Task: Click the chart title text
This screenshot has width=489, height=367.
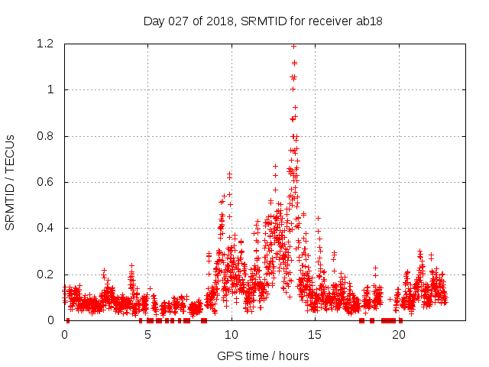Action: coord(262,21)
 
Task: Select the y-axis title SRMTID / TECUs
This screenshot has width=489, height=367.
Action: coord(10,182)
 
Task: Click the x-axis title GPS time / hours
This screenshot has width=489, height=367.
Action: coord(263,356)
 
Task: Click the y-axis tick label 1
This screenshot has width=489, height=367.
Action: coord(50,90)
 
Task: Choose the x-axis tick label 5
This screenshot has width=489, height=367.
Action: coord(148,335)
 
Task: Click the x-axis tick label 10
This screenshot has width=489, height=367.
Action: coord(232,335)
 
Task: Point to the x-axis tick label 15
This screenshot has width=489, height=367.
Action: coord(315,335)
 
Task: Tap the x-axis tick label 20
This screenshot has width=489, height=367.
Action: coord(398,335)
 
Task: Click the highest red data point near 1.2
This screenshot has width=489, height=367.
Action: coord(293,46)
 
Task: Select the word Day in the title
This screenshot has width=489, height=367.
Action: coord(154,21)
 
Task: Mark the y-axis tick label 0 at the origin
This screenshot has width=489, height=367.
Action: coord(50,320)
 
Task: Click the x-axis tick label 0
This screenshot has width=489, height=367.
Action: coord(64,335)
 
